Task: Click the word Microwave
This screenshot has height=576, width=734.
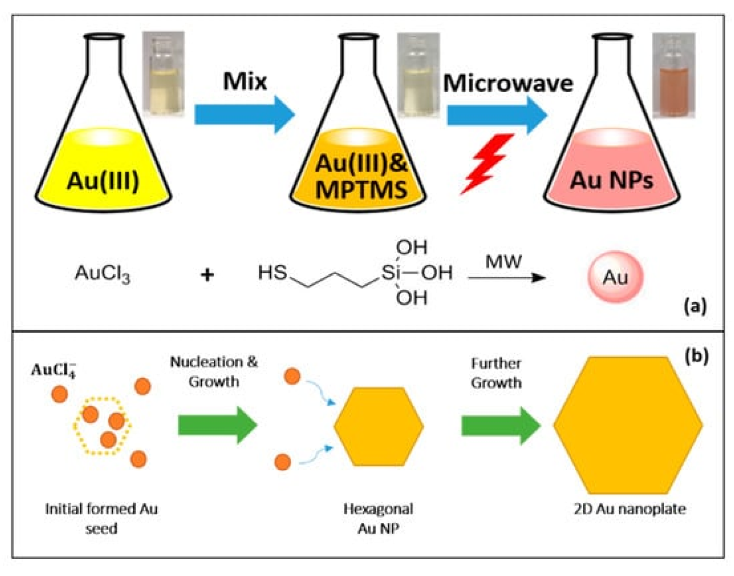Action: click(508, 83)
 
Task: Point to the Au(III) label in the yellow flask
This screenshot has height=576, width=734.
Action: click(103, 181)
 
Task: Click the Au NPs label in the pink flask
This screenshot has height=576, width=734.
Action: click(612, 180)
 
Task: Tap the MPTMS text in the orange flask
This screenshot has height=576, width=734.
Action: click(361, 190)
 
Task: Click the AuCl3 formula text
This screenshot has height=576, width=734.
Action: click(103, 274)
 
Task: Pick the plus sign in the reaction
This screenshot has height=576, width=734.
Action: click(207, 275)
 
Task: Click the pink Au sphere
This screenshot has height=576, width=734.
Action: click(615, 277)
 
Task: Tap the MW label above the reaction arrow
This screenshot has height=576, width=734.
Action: click(503, 262)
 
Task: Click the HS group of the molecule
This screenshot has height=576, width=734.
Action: click(272, 273)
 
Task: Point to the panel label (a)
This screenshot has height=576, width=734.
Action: click(695, 306)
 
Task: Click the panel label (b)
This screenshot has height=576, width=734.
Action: click(696, 355)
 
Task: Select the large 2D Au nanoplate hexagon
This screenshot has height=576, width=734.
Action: click(628, 425)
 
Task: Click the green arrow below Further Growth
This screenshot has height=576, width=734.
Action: click(500, 425)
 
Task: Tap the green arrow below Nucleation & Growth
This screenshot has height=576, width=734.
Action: click(217, 425)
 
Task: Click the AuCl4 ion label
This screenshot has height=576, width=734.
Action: click(54, 369)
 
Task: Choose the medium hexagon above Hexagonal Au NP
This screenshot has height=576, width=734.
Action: click(378, 426)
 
